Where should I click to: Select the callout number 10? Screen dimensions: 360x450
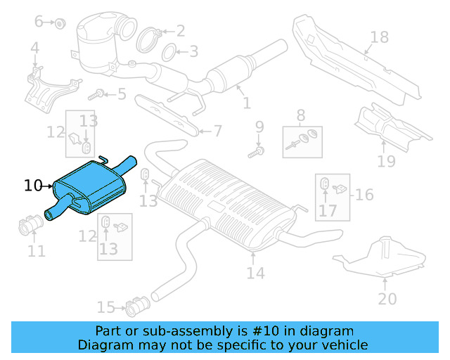(x=33, y=186)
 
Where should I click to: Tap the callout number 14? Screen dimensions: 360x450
(x=256, y=272)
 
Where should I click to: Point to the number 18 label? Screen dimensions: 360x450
(x=379, y=37)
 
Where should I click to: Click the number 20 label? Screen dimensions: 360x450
(x=387, y=298)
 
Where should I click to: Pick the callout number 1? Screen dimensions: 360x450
(x=246, y=103)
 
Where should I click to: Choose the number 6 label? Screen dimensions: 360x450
(x=39, y=21)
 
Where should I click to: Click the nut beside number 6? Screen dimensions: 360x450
(x=60, y=23)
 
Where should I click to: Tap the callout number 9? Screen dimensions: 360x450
(x=259, y=127)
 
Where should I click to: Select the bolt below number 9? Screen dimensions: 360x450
(x=257, y=150)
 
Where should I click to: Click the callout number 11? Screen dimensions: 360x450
(x=37, y=250)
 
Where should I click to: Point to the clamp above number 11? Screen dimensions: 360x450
(x=28, y=226)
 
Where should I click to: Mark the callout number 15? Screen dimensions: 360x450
(x=105, y=307)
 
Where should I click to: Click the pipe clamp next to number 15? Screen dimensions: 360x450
(x=135, y=307)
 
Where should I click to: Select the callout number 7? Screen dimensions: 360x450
(x=217, y=131)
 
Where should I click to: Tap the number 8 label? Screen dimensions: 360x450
(x=301, y=115)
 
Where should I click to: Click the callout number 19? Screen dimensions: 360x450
(x=386, y=162)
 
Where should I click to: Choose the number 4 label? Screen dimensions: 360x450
(x=34, y=48)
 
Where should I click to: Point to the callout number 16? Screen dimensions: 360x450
(x=364, y=194)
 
